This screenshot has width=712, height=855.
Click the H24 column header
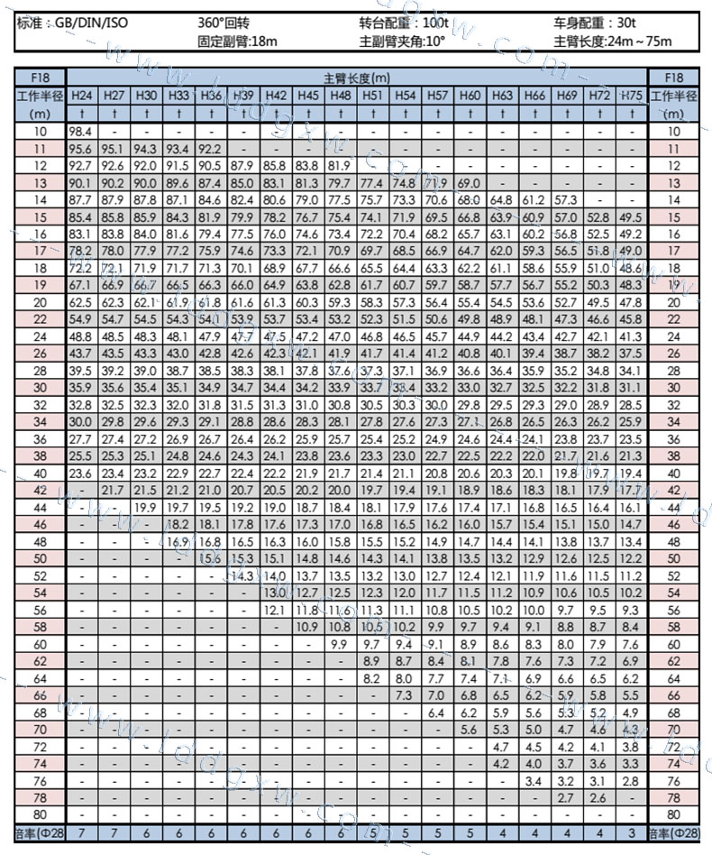pyautogui.click(x=81, y=96)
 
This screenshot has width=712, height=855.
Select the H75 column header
pyautogui.click(x=632, y=96)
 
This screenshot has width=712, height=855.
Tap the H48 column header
pyautogui.click(x=341, y=96)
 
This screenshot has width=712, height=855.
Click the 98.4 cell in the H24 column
pyautogui.click(x=81, y=132)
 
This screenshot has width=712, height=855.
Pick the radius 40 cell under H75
pyautogui.click(x=632, y=473)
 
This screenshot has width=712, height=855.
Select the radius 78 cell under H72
pyautogui.click(x=599, y=798)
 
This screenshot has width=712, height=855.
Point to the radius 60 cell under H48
pyautogui.click(x=341, y=644)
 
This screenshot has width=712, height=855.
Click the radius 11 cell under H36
pyautogui.click(x=211, y=149)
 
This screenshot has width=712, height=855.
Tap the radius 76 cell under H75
pyautogui.click(x=632, y=781)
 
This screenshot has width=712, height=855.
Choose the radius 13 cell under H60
pyautogui.click(x=470, y=183)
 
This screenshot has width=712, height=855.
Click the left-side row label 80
pyautogui.click(x=40, y=815)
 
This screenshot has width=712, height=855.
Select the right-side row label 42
pyautogui.click(x=673, y=490)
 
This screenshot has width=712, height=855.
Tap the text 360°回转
pyautogui.click(x=224, y=23)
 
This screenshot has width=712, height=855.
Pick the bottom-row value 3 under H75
pyautogui.click(x=632, y=833)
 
